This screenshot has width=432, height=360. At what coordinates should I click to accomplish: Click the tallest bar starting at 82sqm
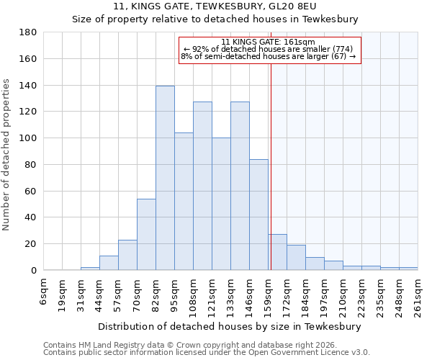pos(165,178)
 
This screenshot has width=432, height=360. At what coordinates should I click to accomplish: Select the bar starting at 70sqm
pos(146,234)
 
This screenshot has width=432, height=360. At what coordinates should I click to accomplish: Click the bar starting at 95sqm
pos(184,201)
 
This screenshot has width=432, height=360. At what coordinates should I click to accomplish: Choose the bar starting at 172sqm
pos(296,257)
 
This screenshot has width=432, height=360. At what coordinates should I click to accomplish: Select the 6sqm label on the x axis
pos(44,292)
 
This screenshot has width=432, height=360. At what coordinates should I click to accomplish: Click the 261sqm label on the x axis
pos(418,295)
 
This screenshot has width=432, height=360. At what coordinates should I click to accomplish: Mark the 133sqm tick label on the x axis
pos(231,295)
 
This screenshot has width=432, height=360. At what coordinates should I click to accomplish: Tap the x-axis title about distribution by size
pos(230,326)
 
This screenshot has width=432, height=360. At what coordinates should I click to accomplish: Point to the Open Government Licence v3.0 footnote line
pos(207,352)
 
